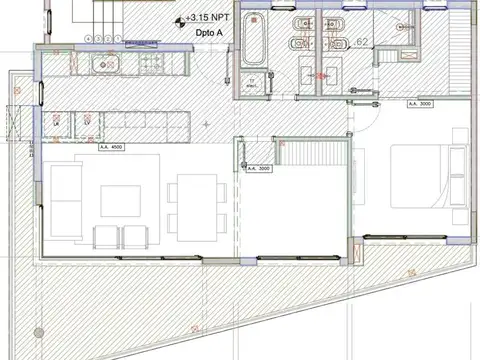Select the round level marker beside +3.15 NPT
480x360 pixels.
coord(179,19)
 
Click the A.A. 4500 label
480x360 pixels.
coord(111,148)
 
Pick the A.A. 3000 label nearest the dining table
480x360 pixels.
coord(258,168)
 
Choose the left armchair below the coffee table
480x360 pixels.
coord(104,238)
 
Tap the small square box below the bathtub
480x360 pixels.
coord(253,83)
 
